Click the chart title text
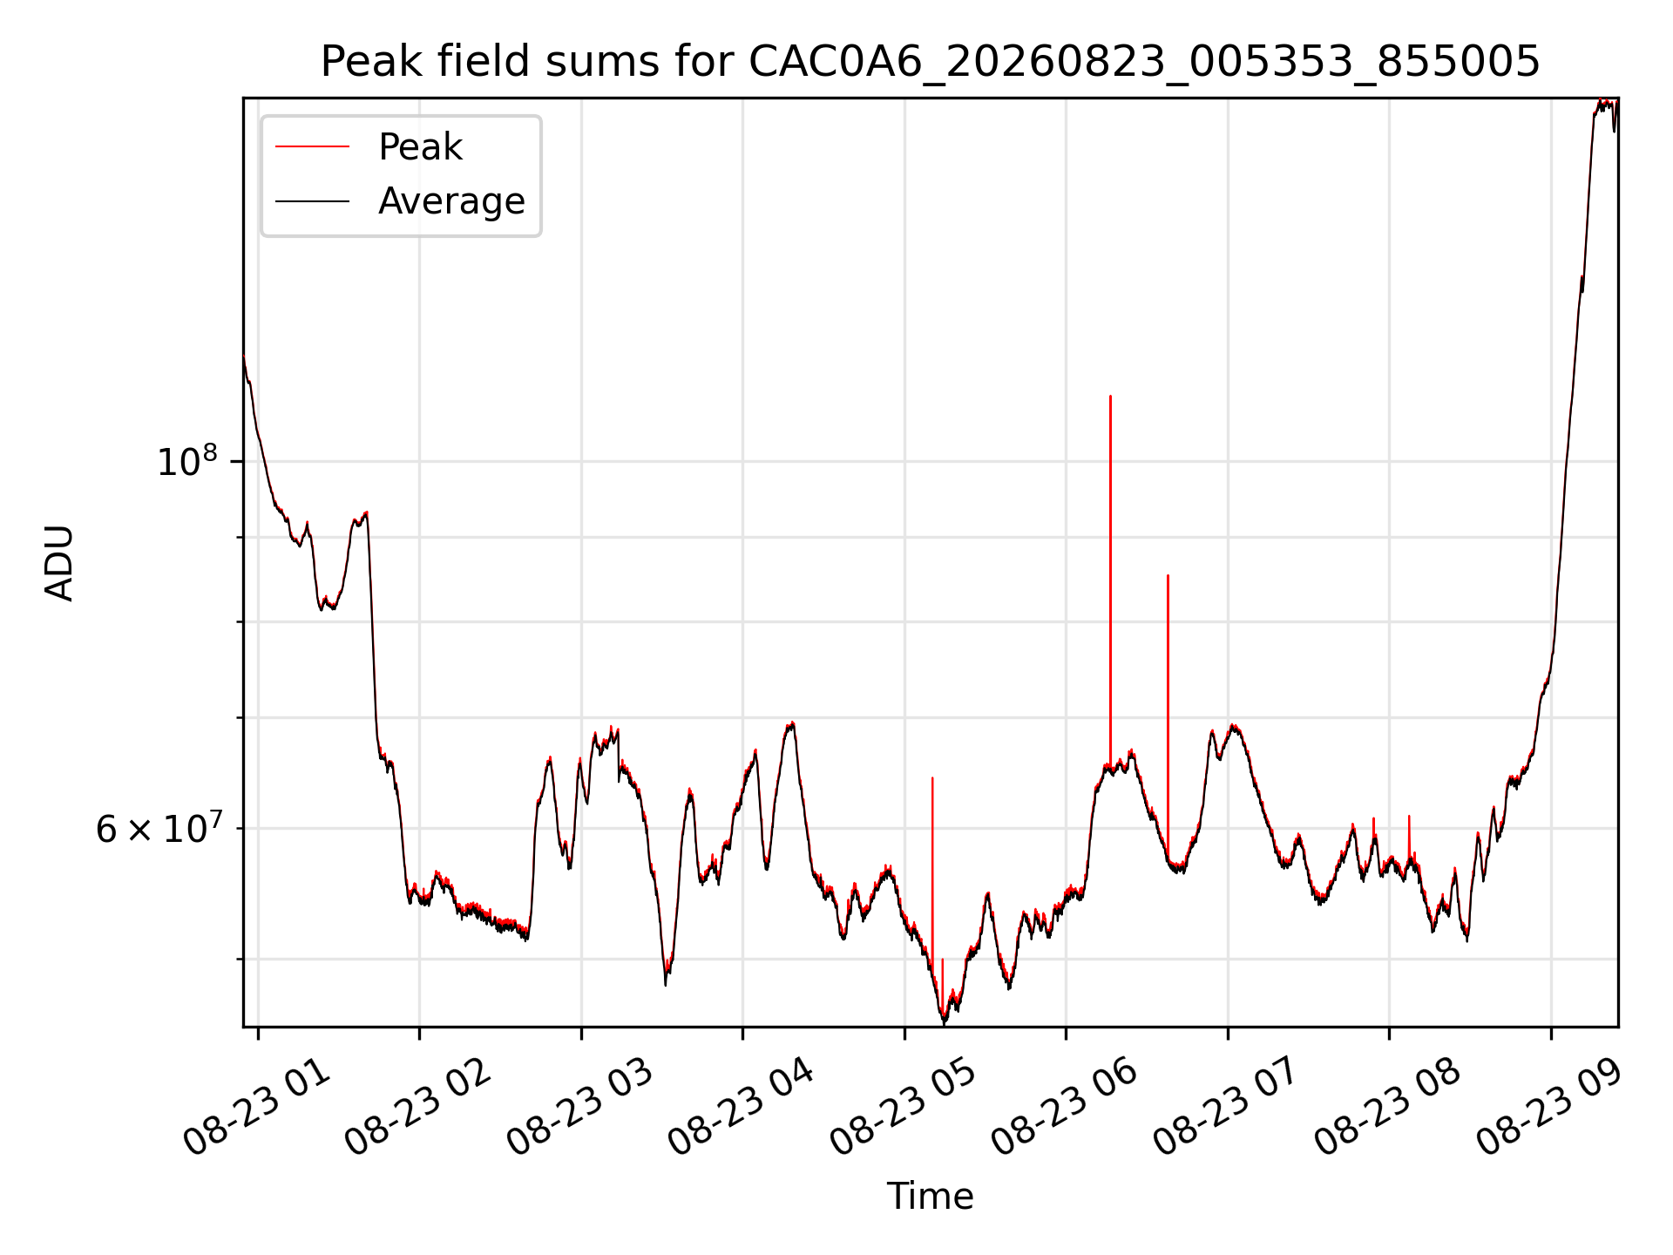pyautogui.click(x=931, y=62)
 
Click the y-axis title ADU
pyautogui.click(x=59, y=563)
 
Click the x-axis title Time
pyautogui.click(x=930, y=1197)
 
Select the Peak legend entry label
pyautogui.click(x=420, y=147)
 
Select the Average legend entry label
pyautogui.click(x=451, y=201)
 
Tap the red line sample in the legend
pyautogui.click(x=312, y=147)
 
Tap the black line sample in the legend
pyautogui.click(x=312, y=201)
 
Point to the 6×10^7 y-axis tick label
pyautogui.click(x=159, y=828)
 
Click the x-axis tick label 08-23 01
pyautogui.click(x=258, y=1109)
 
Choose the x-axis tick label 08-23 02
pyautogui.click(x=419, y=1109)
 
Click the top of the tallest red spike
pyautogui.click(x=1110, y=396)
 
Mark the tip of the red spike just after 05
pyautogui.click(x=932, y=777)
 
